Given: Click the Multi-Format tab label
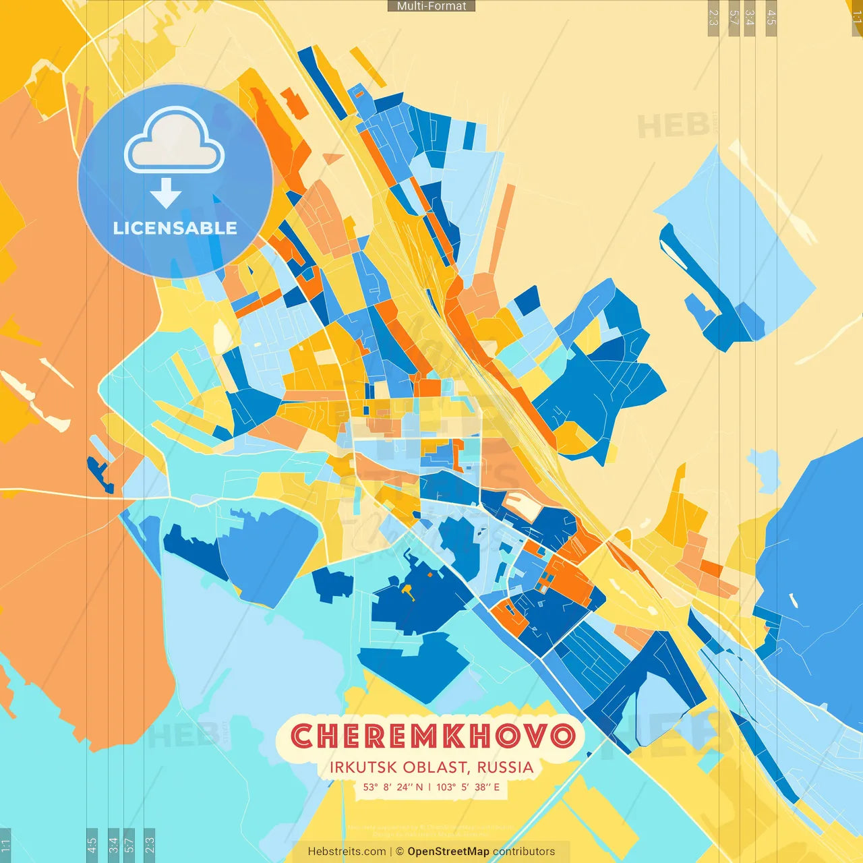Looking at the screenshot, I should pyautogui.click(x=431, y=6).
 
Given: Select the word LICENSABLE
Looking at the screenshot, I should pyautogui.click(x=175, y=228).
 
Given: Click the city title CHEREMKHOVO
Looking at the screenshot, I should pyautogui.click(x=433, y=736).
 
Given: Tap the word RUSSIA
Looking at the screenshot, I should pyautogui.click(x=505, y=767).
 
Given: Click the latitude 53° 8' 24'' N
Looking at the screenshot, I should pyautogui.click(x=393, y=787).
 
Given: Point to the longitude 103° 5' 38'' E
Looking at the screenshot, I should pyautogui.click(x=468, y=787).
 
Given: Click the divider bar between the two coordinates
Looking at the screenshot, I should pyautogui.click(x=429, y=787).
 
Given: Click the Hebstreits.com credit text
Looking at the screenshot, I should pyautogui.click(x=347, y=852).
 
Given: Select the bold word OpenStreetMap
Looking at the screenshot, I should pyautogui.click(x=448, y=852).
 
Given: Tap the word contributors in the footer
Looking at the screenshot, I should pyautogui.click(x=524, y=852).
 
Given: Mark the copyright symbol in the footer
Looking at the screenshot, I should pyautogui.click(x=400, y=852).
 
